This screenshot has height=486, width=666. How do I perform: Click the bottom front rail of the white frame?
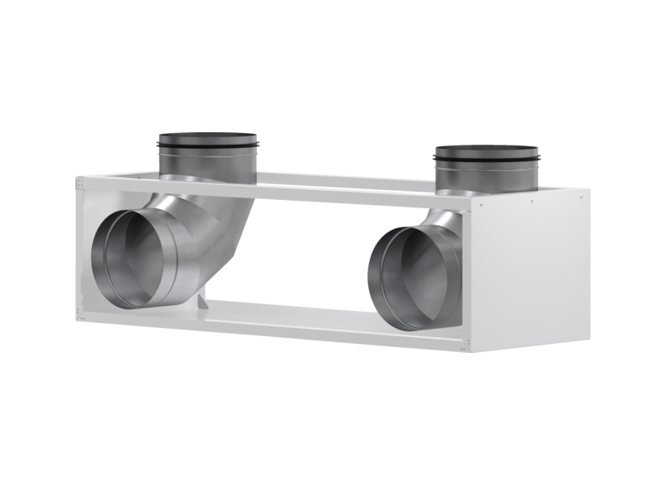335,329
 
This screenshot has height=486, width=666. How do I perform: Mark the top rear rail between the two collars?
343,178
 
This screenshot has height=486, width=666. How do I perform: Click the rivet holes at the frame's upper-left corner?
81,181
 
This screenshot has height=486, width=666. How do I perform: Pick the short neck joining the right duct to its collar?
443,219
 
